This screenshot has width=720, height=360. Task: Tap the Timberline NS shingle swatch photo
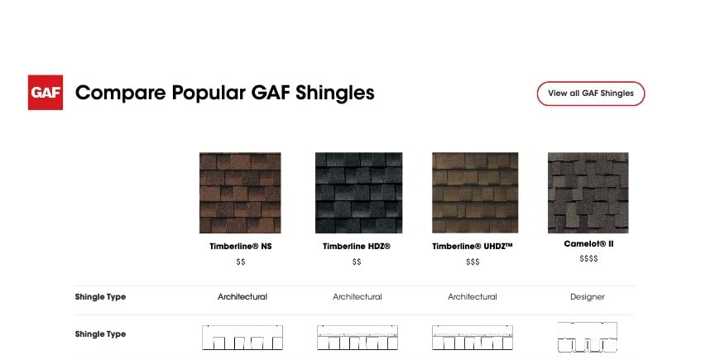tap(240, 193)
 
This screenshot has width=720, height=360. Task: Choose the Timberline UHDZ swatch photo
tap(475, 193)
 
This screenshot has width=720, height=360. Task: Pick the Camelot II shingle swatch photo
tap(588, 193)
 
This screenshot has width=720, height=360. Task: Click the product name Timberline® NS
tap(240, 246)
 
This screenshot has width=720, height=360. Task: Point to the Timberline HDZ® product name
tap(357, 246)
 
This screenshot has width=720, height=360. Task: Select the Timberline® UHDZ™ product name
tap(473, 246)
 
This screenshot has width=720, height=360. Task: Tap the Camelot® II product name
tap(588, 244)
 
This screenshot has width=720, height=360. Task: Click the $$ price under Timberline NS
tap(240, 262)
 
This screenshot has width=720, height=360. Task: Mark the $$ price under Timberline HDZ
tap(357, 262)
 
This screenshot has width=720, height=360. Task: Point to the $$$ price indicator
tap(473, 262)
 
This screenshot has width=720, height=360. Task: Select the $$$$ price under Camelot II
tap(588, 259)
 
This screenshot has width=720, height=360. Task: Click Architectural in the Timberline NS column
tap(242, 296)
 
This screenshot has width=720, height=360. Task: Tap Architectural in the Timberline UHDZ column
tap(473, 296)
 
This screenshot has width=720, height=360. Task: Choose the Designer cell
tap(588, 296)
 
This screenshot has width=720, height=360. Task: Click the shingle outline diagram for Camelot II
tap(588, 337)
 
